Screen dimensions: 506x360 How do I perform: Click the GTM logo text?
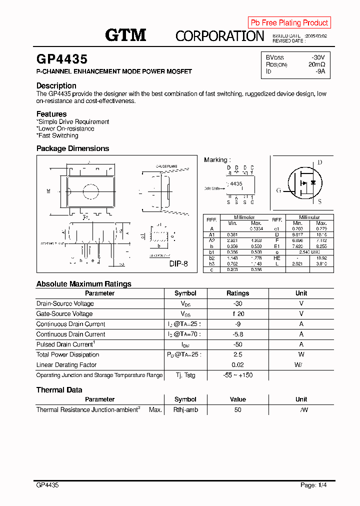pyautogui.click(x=125, y=34)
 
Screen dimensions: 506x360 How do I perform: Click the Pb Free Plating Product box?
pyautogui.click(x=289, y=22)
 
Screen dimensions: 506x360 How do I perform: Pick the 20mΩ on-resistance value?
pyautogui.click(x=316, y=64)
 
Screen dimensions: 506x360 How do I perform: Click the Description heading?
pyautogui.click(x=56, y=85)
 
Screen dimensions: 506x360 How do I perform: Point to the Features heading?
pyautogui.click(x=51, y=114)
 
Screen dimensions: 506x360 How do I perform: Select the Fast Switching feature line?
pyautogui.click(x=58, y=135)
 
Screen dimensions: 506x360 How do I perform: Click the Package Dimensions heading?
pyautogui.click(x=72, y=148)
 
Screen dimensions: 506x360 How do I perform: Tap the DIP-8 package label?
pyautogui.click(x=178, y=263)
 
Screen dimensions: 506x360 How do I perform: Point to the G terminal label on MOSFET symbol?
pyautogui.click(x=278, y=190)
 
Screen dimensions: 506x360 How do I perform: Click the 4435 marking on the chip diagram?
pyautogui.click(x=236, y=184)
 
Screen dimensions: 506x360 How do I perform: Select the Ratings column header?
pyautogui.click(x=237, y=293)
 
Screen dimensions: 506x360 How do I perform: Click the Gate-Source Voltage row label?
pyautogui.click(x=64, y=314)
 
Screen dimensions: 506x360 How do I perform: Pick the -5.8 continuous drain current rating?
pyautogui.click(x=237, y=334)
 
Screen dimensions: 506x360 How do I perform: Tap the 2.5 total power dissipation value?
pyautogui.click(x=237, y=354)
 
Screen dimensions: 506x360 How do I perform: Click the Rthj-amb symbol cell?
pyautogui.click(x=185, y=410)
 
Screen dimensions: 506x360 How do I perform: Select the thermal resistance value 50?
pyautogui.click(x=237, y=410)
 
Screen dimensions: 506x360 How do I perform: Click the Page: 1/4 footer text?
pyautogui.click(x=314, y=485)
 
